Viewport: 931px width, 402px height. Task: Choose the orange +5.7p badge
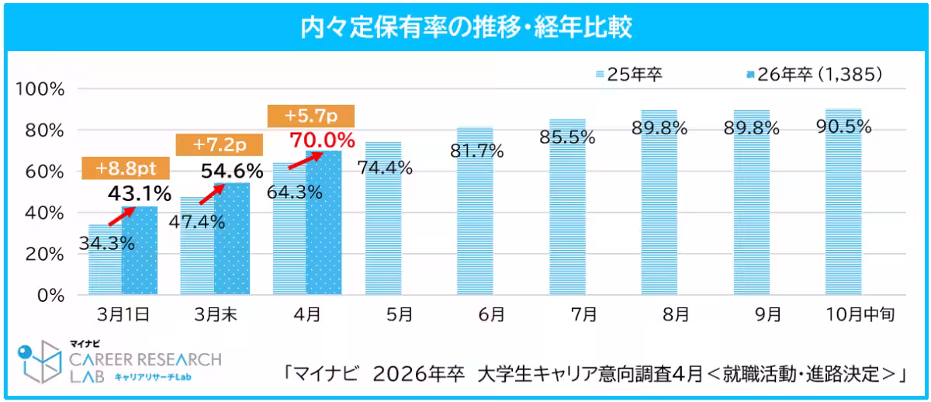[x=310, y=116]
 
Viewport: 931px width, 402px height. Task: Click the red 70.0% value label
[x=322, y=141]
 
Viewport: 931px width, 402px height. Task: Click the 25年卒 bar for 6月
[x=474, y=225]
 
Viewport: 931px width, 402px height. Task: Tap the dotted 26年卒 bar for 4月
[x=324, y=233]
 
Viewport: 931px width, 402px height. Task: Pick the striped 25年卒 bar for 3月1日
[x=105, y=272]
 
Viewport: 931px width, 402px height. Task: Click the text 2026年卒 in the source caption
[x=418, y=374]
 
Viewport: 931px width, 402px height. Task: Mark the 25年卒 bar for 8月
[x=659, y=217]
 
